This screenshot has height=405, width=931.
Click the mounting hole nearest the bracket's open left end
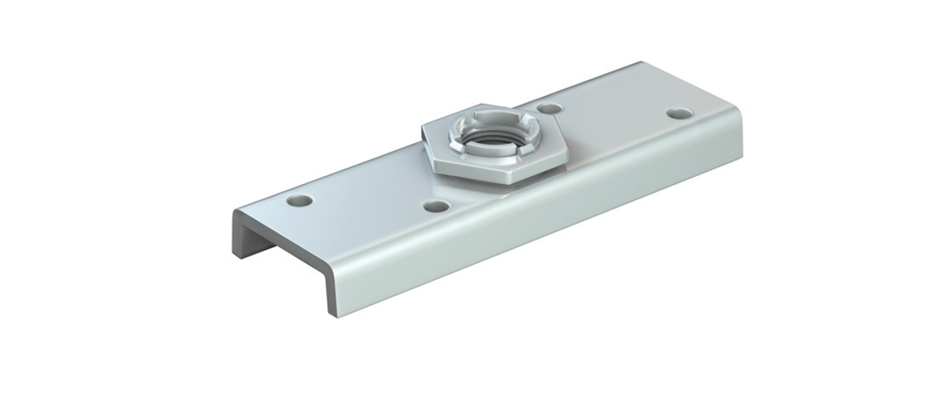pos(300,201)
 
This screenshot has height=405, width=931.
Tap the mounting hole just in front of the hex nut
pos(438,206)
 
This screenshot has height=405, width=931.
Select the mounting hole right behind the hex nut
pos(549,109)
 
